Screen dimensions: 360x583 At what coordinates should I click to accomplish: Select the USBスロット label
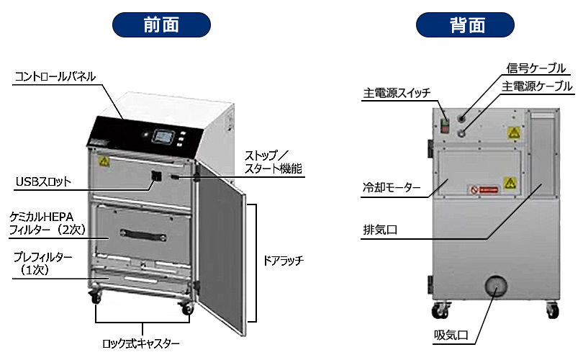click(43, 181)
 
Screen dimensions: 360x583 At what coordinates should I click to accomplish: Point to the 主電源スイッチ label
click(397, 93)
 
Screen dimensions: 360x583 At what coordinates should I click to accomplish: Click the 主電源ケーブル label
click(537, 86)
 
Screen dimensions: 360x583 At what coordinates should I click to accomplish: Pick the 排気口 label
click(381, 231)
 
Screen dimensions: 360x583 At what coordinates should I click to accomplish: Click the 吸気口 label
click(451, 335)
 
